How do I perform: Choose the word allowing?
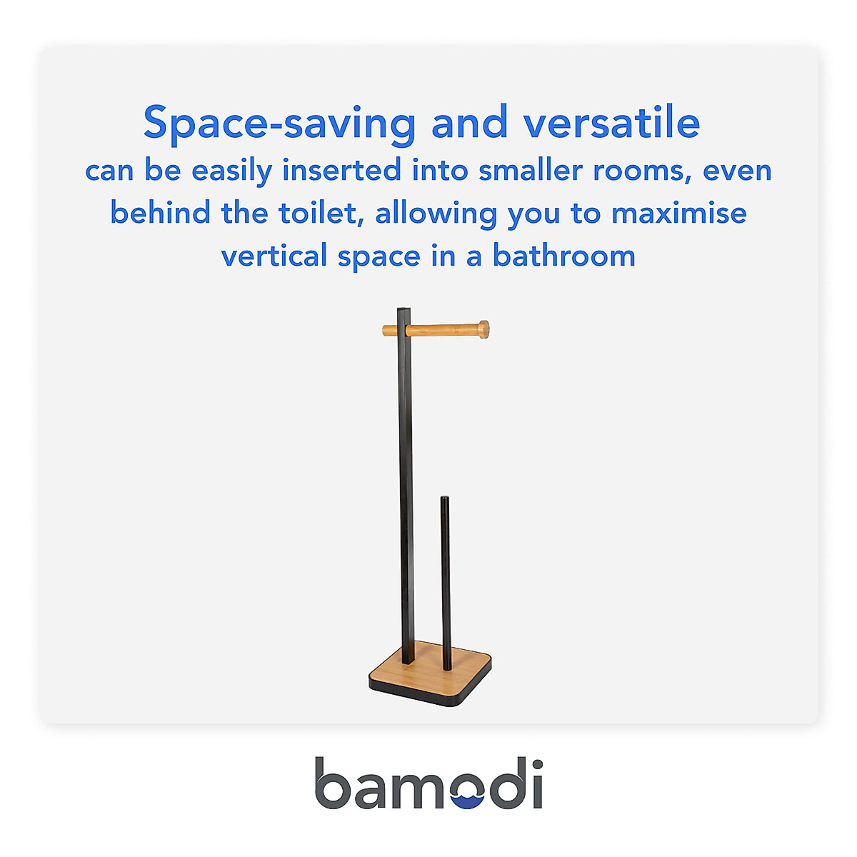point(436,214)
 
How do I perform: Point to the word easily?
point(231,171)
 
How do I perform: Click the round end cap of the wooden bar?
point(484,329)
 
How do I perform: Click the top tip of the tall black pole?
point(404,309)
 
